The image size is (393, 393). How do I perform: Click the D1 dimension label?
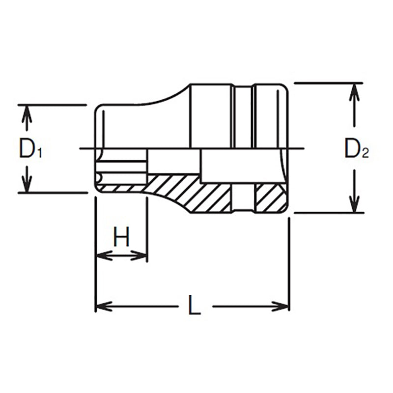30,148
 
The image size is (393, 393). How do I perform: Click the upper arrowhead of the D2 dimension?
352,90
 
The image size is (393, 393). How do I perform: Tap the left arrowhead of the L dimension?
101,307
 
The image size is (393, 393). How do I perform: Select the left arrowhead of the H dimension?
101,255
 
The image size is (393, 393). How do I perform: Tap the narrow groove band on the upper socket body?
243,115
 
